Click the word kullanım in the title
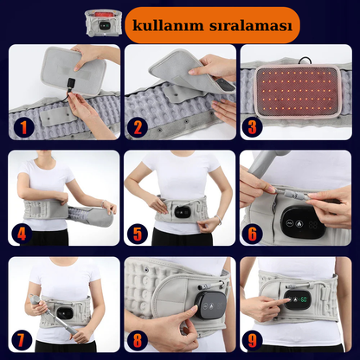(x=168, y=25)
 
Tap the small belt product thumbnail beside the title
(x=103, y=23)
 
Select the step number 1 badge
(x=23, y=127)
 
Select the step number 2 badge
(x=138, y=127)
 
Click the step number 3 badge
(x=252, y=127)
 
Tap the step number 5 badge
(x=138, y=234)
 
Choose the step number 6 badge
(x=253, y=234)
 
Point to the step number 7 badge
(x=21, y=340)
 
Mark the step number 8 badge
(x=138, y=340)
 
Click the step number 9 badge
(x=253, y=340)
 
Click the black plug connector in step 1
(x=72, y=84)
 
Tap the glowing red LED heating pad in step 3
(x=298, y=91)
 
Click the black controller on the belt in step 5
(x=182, y=213)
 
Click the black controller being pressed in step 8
(x=210, y=305)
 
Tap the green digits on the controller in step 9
(x=303, y=299)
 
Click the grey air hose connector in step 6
(x=292, y=194)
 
